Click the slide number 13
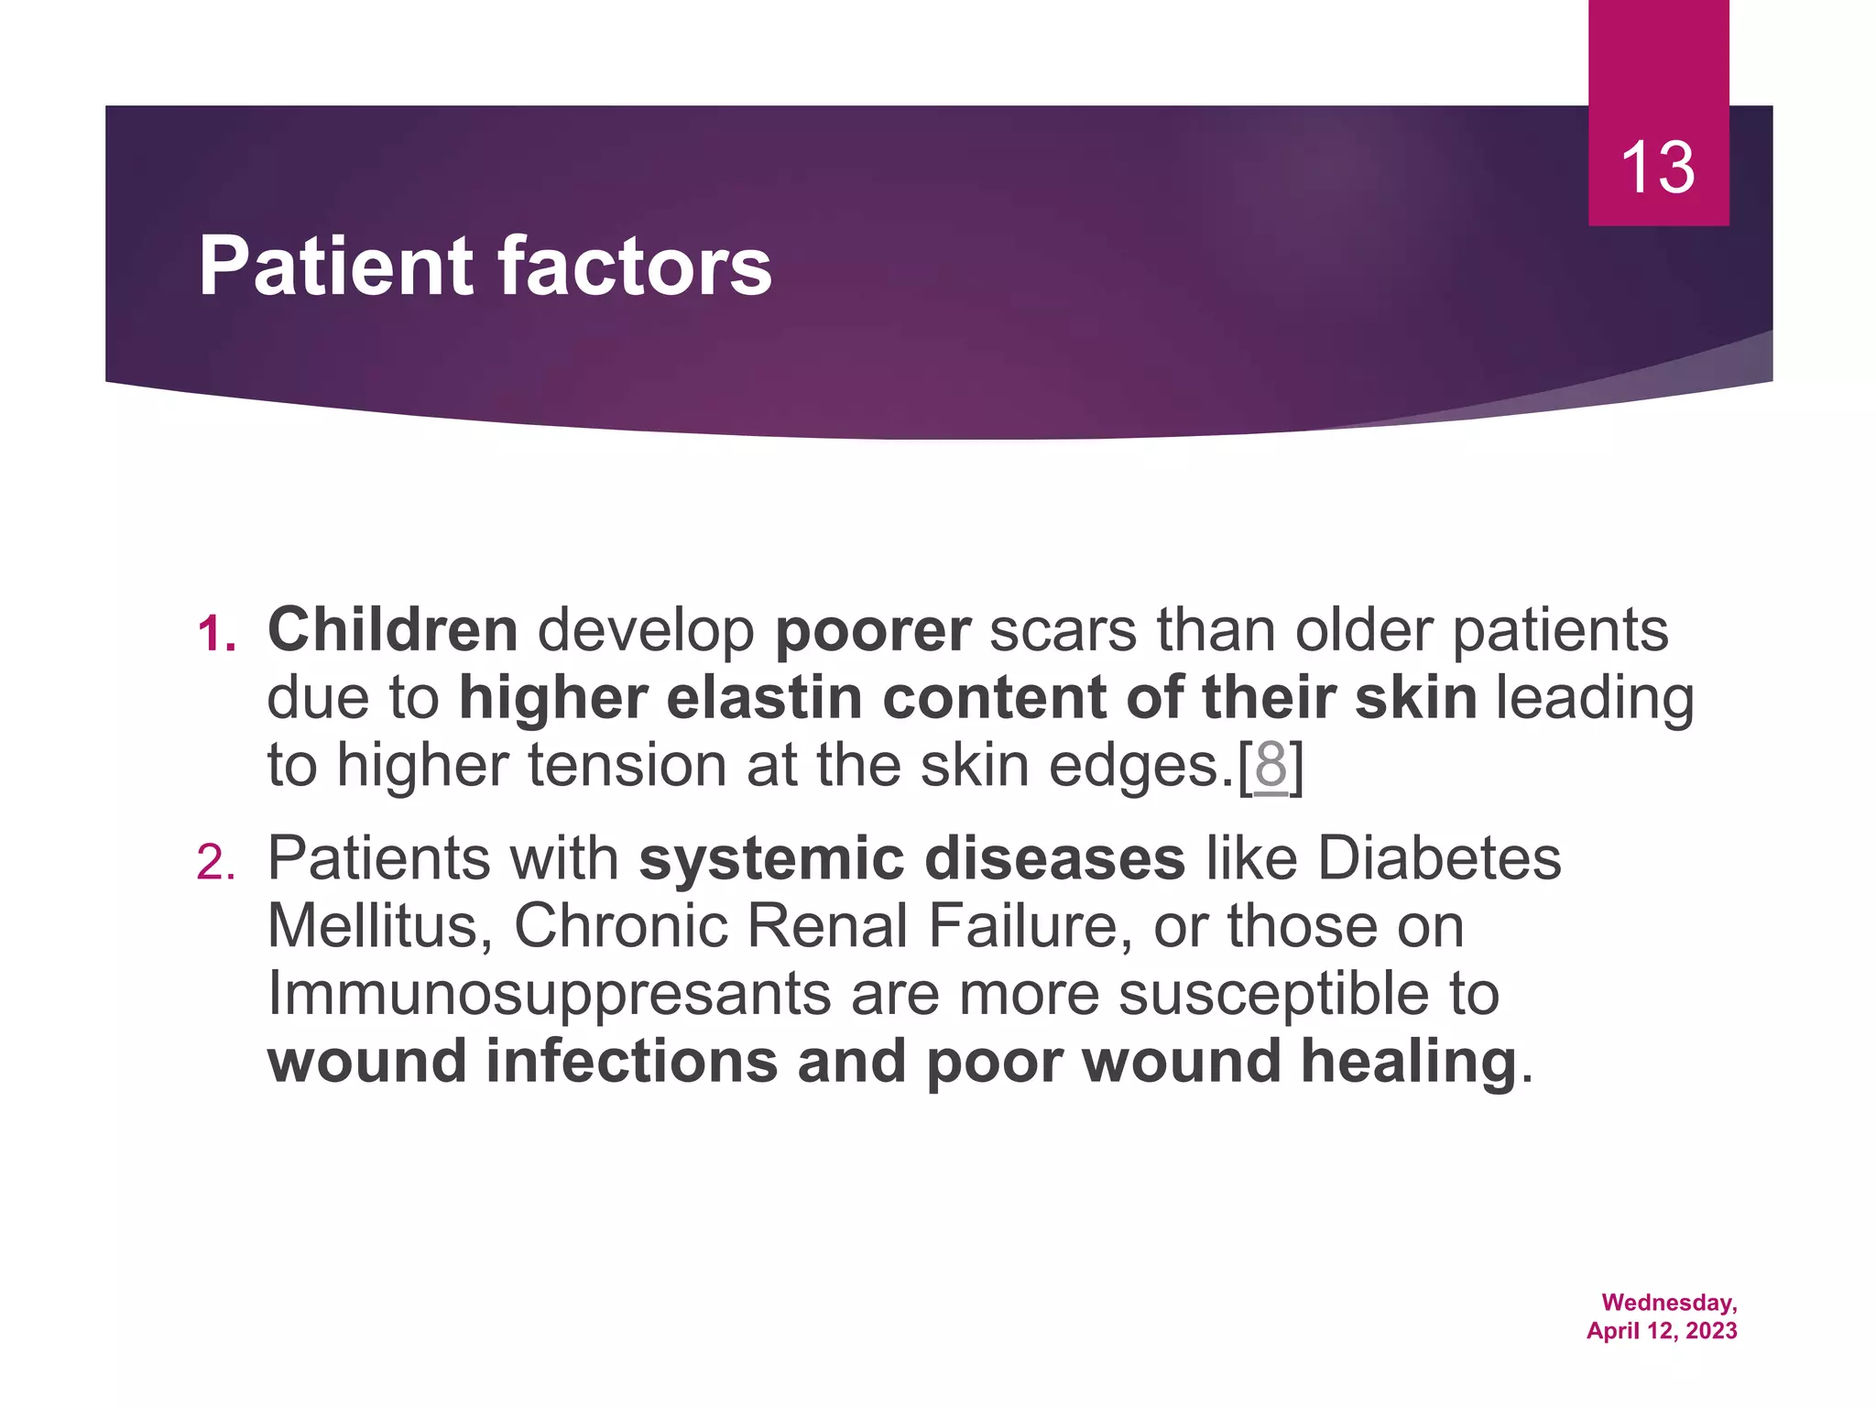1657,169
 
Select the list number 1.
216,635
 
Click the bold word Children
392,630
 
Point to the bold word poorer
872,632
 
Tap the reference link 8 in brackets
1271,766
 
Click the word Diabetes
1439,859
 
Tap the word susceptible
1273,996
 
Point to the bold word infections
631,1062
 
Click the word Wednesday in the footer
1669,1303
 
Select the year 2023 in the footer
1710,1331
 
